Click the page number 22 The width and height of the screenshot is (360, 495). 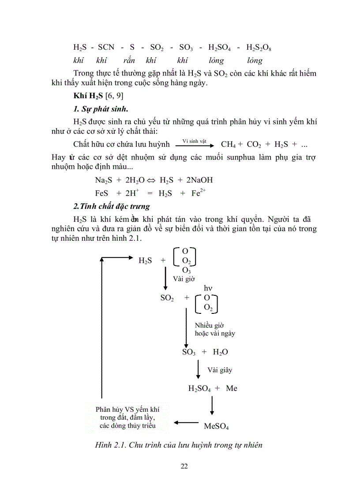[184, 466]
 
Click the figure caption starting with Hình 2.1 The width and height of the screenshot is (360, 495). [178, 445]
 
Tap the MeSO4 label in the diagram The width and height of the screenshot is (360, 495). [216, 426]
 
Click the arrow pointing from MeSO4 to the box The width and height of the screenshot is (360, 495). [186, 423]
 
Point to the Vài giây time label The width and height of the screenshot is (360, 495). [220, 370]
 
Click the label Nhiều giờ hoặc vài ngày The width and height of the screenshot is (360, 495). [215, 329]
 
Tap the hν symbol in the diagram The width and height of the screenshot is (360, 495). [208, 288]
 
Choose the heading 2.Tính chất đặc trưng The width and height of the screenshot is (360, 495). [112, 206]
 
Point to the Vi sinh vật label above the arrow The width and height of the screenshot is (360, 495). [194, 141]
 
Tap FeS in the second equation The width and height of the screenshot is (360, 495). [101, 193]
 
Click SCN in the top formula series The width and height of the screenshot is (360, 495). [106, 47]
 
